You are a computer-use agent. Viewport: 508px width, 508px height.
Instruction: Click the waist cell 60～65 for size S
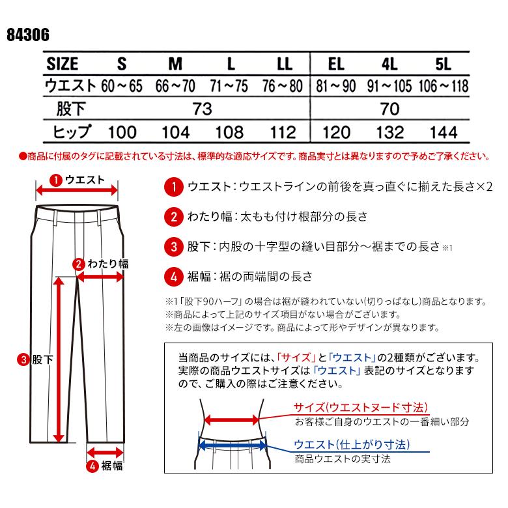[x=120, y=86]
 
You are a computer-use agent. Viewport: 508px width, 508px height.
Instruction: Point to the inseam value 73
[x=203, y=109]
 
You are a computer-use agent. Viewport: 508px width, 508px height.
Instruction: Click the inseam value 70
[x=389, y=109]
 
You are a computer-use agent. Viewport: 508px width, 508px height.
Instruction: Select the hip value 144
[x=444, y=132]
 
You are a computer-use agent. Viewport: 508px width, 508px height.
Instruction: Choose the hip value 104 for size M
[x=175, y=132]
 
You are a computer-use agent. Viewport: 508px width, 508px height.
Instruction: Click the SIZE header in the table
[x=63, y=64]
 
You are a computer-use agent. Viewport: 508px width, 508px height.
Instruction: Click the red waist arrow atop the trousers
[x=77, y=190]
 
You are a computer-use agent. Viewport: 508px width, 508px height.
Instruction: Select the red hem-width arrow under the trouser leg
[x=105, y=451]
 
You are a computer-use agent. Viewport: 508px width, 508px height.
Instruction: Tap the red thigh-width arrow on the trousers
[x=101, y=277]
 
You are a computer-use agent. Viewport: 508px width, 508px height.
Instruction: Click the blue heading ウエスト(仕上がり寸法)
[x=352, y=445]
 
